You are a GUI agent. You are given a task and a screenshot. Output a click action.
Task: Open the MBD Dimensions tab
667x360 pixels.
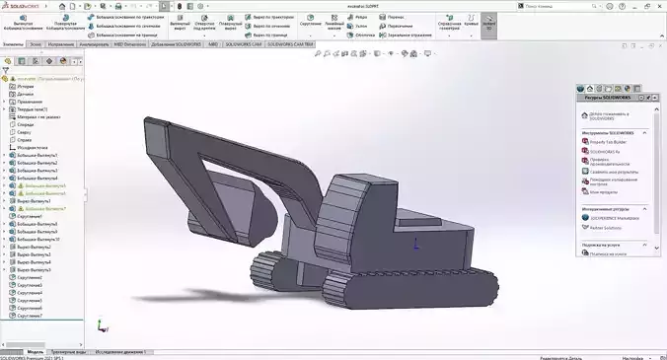pyautogui.click(x=131, y=44)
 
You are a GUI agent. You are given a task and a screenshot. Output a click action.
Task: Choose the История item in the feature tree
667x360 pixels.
pyautogui.click(x=26, y=86)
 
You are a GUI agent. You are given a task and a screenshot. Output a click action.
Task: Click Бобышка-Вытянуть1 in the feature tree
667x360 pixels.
pyautogui.click(x=39, y=155)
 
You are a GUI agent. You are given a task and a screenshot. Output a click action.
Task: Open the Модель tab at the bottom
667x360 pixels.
pyautogui.click(x=35, y=351)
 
